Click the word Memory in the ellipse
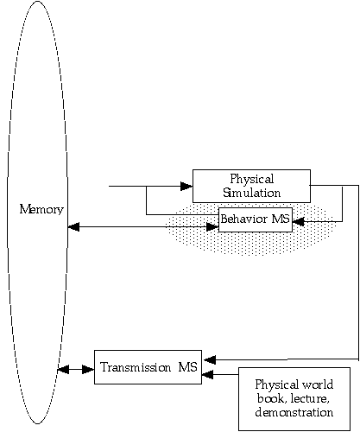[x=41, y=209]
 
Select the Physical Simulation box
[x=251, y=186]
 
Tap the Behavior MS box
[x=256, y=219]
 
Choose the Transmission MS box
[x=148, y=367]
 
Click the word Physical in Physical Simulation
[x=252, y=179]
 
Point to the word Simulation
[x=252, y=193]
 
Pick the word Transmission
[x=136, y=367]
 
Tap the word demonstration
[x=294, y=412]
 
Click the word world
[x=318, y=384]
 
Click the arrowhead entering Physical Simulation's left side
[x=186, y=186]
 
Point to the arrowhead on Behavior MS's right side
[x=299, y=222]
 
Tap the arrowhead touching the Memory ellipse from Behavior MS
[x=73, y=227]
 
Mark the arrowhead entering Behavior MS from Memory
[x=212, y=227]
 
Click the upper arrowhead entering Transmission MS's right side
[x=210, y=359]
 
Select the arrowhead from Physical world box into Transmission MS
[x=207, y=374]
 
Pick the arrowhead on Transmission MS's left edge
[x=88, y=369]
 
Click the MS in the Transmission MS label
[x=188, y=367]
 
